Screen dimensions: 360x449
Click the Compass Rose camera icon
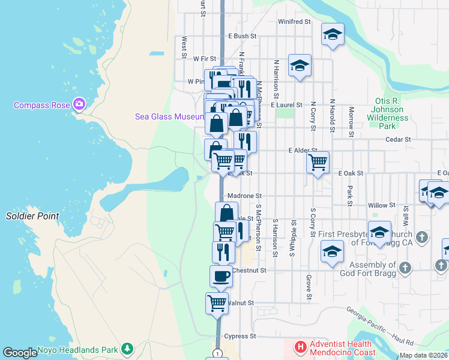[79, 105]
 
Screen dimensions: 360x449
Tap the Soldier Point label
[32, 216]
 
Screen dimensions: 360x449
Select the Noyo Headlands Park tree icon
[127, 349]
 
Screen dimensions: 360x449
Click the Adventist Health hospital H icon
[300, 347]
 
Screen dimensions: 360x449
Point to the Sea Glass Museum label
[170, 116]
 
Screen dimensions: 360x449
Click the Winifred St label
[294, 22]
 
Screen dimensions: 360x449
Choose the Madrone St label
[245, 196]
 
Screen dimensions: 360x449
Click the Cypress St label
[240, 336]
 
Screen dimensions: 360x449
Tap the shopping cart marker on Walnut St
[217, 302]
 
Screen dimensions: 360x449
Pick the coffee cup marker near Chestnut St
[221, 276]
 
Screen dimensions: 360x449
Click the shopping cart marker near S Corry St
[318, 161]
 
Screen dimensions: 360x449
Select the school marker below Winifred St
[332, 34]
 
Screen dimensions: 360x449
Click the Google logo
[20, 353]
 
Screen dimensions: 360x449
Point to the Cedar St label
[399, 139]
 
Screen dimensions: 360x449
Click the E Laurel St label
[286, 104]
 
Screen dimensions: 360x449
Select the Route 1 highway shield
[217, 353]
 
